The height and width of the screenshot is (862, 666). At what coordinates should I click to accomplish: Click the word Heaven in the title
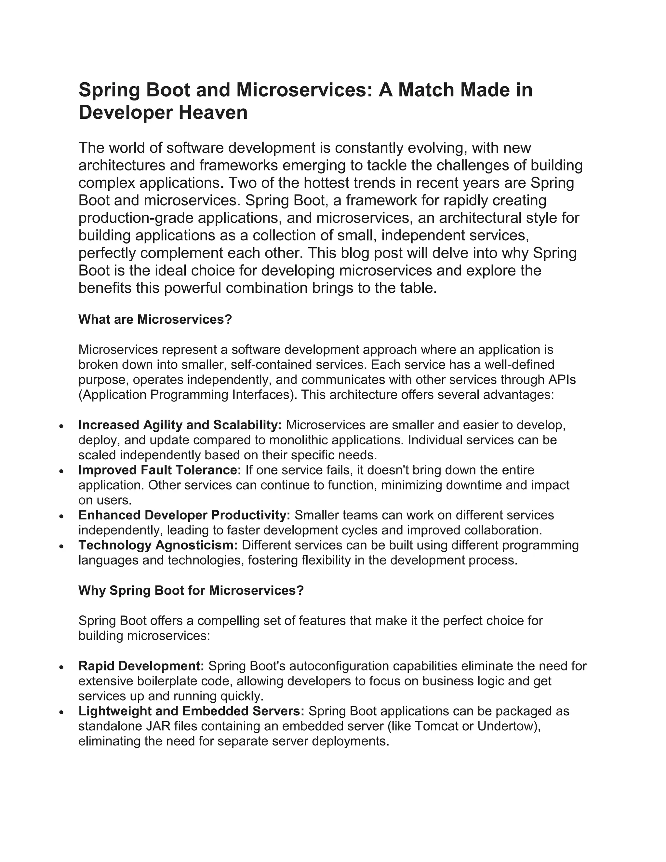[x=213, y=113]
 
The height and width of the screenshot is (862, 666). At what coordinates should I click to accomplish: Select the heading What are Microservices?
[x=155, y=319]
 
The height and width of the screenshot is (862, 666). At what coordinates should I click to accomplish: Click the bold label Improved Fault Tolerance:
[x=159, y=470]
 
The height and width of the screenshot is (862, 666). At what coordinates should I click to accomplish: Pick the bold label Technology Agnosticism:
[x=158, y=545]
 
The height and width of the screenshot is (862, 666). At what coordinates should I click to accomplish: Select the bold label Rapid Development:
[x=141, y=666]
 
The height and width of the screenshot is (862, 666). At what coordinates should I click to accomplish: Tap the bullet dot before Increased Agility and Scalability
[x=61, y=426]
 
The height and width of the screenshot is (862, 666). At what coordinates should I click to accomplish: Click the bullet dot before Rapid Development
[x=61, y=667]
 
